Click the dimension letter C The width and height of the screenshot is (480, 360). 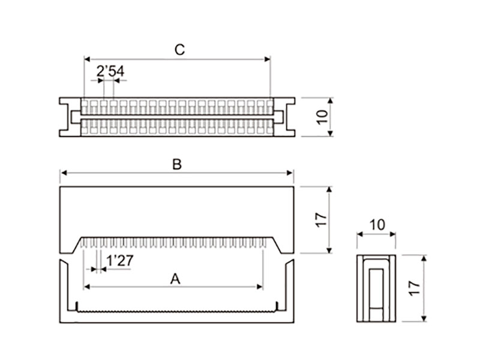pos(179,50)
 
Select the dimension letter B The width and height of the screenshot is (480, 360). pos(176,164)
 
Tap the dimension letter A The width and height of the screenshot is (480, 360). pos(175,278)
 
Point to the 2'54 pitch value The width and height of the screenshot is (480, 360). pos(110,71)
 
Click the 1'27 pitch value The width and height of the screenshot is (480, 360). pos(119,261)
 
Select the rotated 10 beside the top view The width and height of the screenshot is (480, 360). pos(323,116)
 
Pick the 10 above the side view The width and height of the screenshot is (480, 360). pos(377,225)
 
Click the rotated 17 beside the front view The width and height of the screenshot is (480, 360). pos(321,220)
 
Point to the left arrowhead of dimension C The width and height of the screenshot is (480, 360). pos(87,59)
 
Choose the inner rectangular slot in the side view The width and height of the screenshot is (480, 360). pos(376,288)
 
